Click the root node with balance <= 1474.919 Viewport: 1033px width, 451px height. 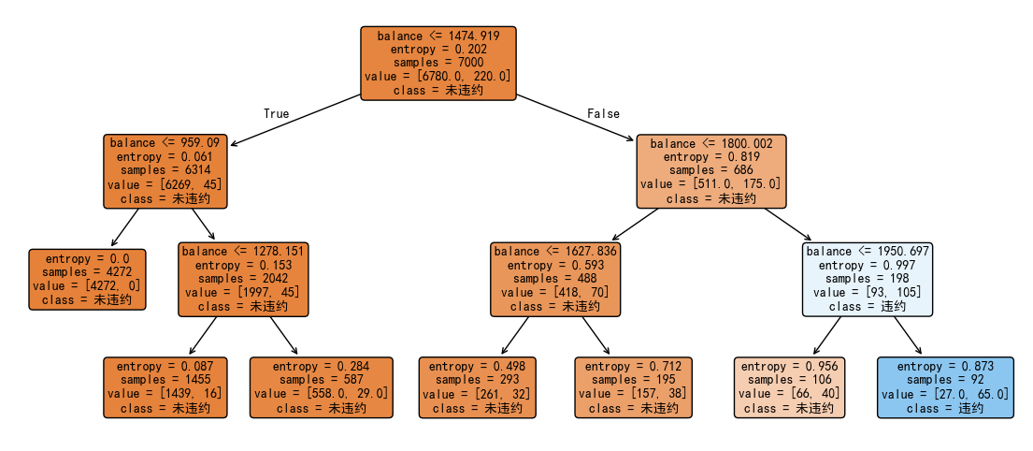pos(438,64)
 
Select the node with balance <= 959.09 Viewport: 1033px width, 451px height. pos(165,171)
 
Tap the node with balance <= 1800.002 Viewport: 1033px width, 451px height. pos(710,171)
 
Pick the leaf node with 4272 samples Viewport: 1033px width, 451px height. pos(87,279)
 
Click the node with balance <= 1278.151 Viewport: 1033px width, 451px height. pos(243,279)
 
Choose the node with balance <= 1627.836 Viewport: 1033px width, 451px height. pos(555,279)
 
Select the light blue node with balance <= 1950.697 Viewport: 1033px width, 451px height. pos(868,279)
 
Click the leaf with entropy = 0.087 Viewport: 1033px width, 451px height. pos(165,387)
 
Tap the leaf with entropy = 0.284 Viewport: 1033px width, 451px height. pos(322,387)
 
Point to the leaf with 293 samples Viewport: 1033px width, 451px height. pos(478,387)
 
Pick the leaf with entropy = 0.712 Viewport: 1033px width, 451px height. pos(634,387)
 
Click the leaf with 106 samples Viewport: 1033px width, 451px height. pos(789,387)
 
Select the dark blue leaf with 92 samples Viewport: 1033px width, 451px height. pos(945,387)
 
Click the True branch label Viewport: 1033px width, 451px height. pos(276,113)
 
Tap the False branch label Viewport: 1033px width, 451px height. pos(603,113)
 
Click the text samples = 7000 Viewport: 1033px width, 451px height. pos(438,63)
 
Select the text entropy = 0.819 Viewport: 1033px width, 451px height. pos(711,157)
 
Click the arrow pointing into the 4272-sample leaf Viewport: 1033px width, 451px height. pos(125,227)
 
